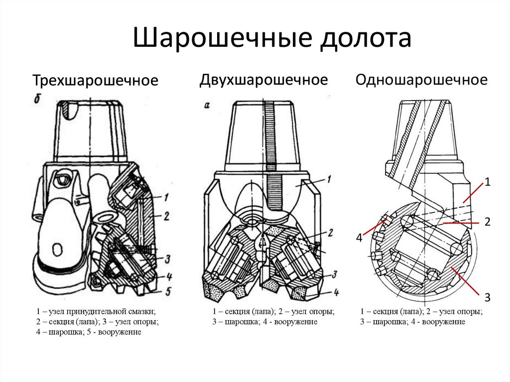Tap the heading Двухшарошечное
[264, 80]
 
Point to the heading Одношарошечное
[421, 80]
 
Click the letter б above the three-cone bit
[37, 99]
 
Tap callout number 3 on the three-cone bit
[168, 258]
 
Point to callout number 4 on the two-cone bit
[336, 292]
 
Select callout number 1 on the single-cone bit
[488, 183]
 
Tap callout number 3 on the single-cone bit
[488, 298]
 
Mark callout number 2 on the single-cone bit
[488, 222]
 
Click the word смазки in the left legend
[144, 312]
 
